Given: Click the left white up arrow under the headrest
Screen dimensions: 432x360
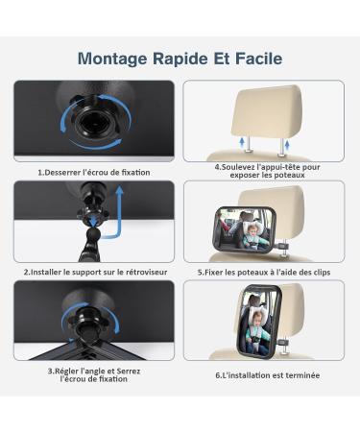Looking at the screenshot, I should (248, 141).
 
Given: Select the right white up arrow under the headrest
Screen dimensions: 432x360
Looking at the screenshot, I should (286, 141).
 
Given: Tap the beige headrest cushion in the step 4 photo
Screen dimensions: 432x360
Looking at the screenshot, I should (267, 107).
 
